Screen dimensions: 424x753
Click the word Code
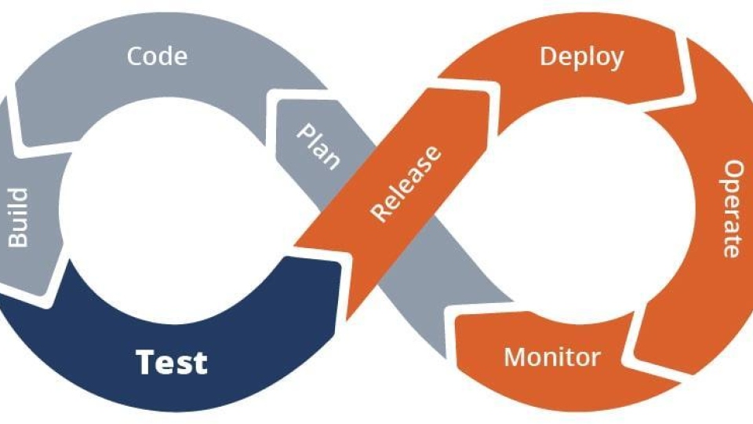158,57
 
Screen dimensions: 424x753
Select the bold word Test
172,362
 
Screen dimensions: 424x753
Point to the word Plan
318,146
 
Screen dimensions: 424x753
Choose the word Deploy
581,57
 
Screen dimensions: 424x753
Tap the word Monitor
552,357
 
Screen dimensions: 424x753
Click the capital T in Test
146,362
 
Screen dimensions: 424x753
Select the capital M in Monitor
514,357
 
